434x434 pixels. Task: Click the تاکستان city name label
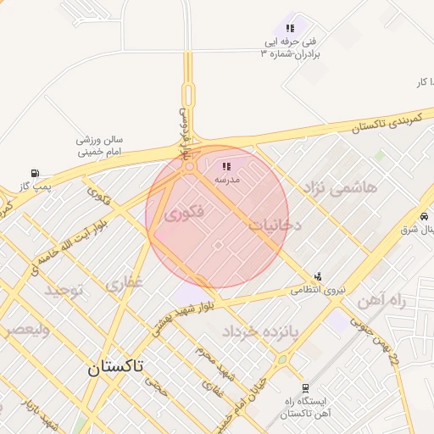pos(116,367)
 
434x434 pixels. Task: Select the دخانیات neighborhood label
pos(276,225)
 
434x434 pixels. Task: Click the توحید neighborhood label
pos(65,291)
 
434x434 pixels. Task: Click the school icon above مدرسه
pos(226,166)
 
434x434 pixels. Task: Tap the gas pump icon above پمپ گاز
pos(34,173)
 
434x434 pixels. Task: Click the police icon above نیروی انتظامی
pos(318,275)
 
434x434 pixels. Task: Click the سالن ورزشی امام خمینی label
pos(101,145)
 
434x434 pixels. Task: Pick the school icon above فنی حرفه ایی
pos(290,28)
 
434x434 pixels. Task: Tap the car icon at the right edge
pos(423,217)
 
